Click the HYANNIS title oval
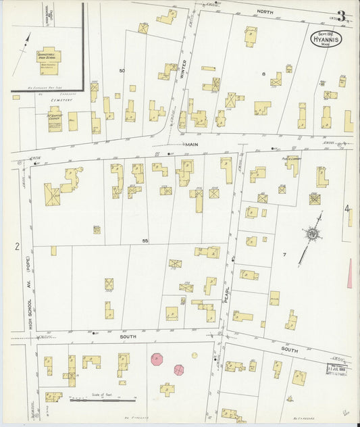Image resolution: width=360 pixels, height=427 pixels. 326,39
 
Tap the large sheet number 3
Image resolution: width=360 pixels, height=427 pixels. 342,16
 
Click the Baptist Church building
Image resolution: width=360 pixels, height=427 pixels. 55,118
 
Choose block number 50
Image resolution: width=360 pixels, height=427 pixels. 122,71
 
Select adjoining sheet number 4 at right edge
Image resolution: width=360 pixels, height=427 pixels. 348,209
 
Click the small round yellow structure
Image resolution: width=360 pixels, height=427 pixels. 195,355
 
